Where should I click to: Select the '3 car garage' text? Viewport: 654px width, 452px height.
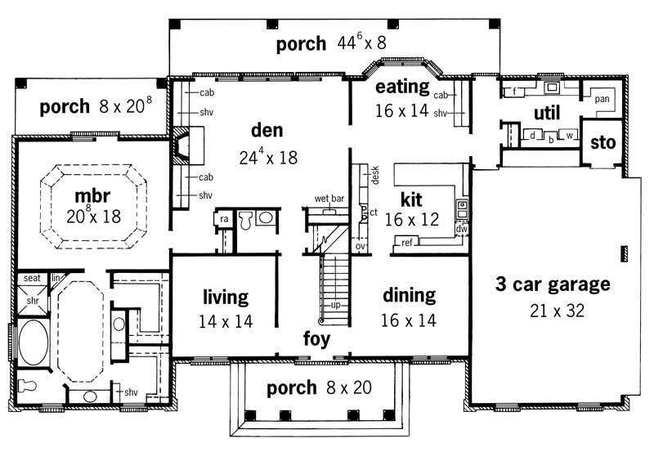point(553,284)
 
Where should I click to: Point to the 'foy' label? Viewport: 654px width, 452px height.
point(316,338)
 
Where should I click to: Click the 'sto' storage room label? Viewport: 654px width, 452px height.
point(602,144)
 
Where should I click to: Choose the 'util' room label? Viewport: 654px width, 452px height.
point(546,111)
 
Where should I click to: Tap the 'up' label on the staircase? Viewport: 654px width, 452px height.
point(335,304)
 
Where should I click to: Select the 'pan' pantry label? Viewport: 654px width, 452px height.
point(602,99)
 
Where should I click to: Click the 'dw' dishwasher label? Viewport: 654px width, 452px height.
point(462,230)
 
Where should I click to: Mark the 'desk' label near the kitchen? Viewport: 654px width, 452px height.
point(375,176)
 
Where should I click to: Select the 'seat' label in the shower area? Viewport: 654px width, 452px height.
point(32,278)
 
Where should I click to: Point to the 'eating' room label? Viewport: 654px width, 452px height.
point(401,87)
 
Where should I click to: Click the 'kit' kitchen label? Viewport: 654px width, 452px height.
point(411,199)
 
